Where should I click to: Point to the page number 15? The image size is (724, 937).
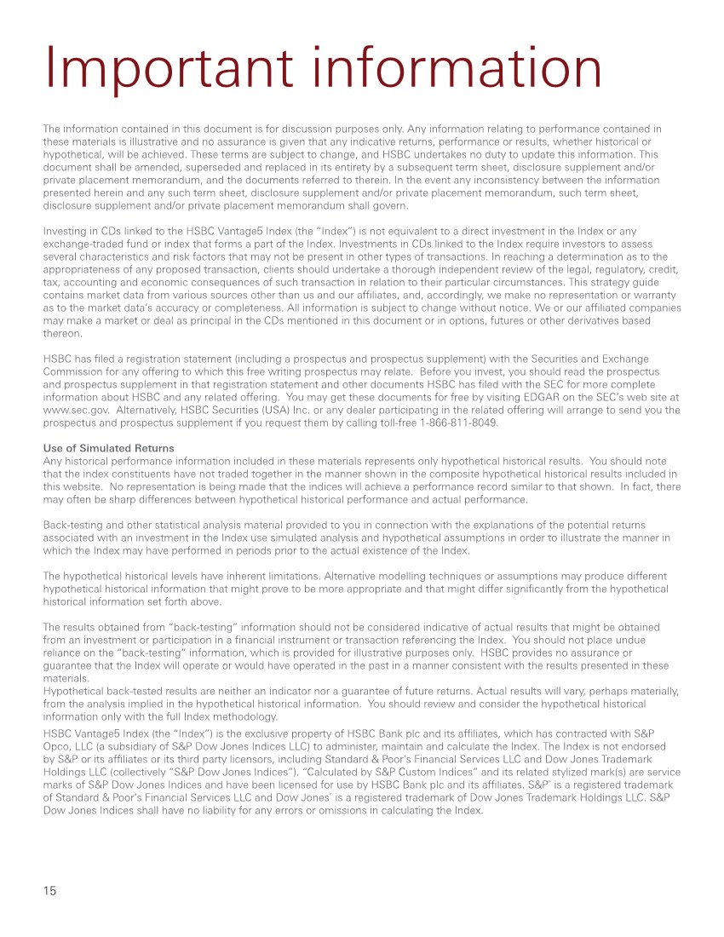point(49,890)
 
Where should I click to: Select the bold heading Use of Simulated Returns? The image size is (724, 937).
point(108,449)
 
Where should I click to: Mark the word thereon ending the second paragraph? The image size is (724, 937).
point(62,335)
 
